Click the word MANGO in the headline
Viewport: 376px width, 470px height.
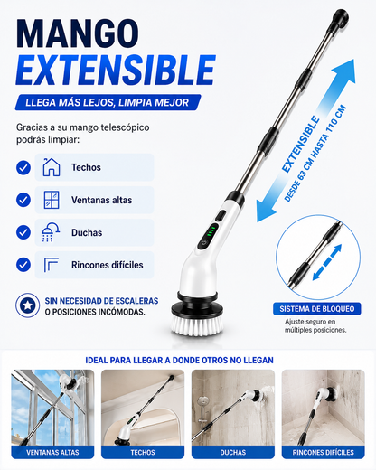(78, 33)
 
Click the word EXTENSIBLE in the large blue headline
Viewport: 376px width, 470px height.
(117, 70)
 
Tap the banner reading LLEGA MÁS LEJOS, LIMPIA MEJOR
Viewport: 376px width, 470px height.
(108, 102)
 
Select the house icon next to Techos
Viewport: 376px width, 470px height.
(52, 167)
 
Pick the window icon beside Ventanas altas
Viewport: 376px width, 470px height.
(52, 200)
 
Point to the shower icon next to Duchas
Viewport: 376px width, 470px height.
(51, 232)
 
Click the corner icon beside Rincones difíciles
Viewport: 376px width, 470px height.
(52, 265)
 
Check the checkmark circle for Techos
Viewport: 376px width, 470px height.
(23, 167)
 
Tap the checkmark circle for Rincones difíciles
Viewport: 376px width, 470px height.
(23, 265)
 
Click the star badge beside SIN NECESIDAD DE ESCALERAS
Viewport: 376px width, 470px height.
(28, 305)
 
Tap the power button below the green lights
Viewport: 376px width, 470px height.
(204, 243)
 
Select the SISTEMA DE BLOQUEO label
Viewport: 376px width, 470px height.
(317, 309)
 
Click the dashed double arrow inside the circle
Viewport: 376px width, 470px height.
(327, 262)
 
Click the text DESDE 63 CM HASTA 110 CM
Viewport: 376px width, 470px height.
(315, 154)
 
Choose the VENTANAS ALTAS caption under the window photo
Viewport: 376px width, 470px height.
(52, 452)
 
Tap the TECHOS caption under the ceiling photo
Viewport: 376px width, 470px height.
(143, 452)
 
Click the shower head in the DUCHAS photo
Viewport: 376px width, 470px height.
(203, 401)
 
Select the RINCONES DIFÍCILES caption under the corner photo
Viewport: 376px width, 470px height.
(323, 452)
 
